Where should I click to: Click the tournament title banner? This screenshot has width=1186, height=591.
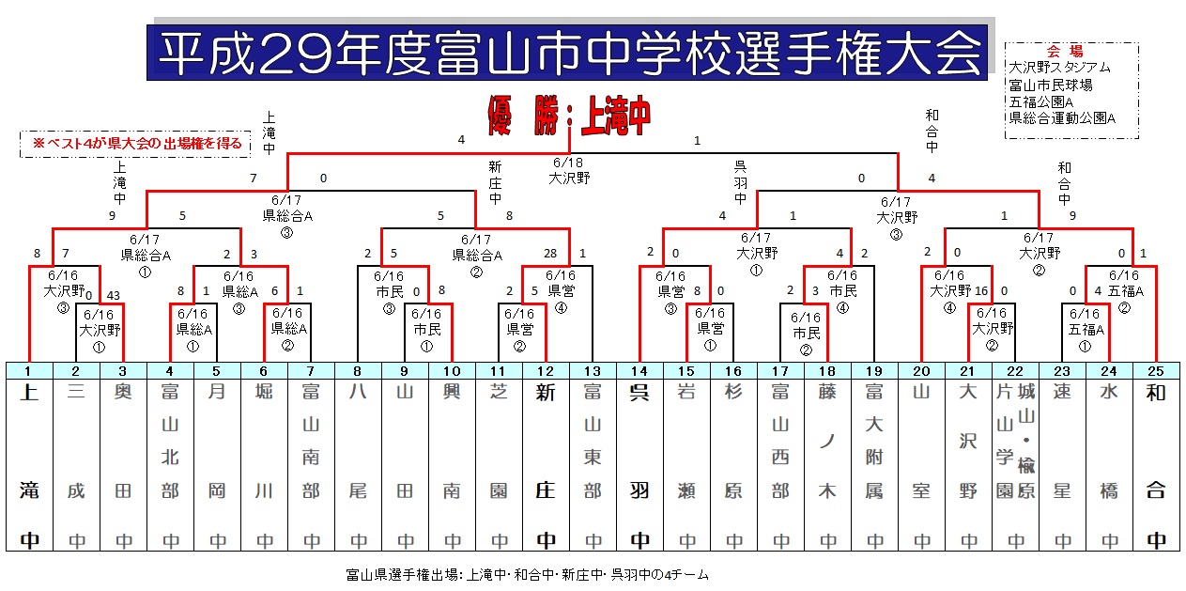(567, 53)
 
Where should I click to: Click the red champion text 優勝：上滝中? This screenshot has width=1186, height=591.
(569, 116)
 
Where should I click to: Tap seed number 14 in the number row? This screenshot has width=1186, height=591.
(639, 371)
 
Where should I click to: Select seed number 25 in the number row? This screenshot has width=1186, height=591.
(1156, 371)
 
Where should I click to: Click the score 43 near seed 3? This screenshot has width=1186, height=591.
(114, 295)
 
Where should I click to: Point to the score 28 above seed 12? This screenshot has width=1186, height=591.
(550, 253)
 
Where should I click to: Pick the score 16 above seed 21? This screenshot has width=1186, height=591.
(981, 290)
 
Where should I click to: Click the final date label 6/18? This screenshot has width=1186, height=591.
(568, 163)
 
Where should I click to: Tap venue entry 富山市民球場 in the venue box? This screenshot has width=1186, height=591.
(1051, 85)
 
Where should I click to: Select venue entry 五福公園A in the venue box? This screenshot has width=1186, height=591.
(1041, 101)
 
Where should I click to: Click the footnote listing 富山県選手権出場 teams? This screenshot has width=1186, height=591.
(527, 575)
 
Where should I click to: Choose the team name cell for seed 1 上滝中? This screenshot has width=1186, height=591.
(30, 465)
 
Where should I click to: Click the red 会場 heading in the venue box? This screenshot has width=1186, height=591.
(1065, 52)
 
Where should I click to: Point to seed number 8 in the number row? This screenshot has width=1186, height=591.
(358, 371)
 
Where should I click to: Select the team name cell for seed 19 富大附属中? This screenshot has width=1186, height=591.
(874, 465)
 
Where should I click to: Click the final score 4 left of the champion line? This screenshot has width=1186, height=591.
(461, 140)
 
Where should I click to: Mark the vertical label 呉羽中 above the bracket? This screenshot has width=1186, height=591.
(740, 182)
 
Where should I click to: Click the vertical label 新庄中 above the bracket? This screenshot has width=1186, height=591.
(495, 182)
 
